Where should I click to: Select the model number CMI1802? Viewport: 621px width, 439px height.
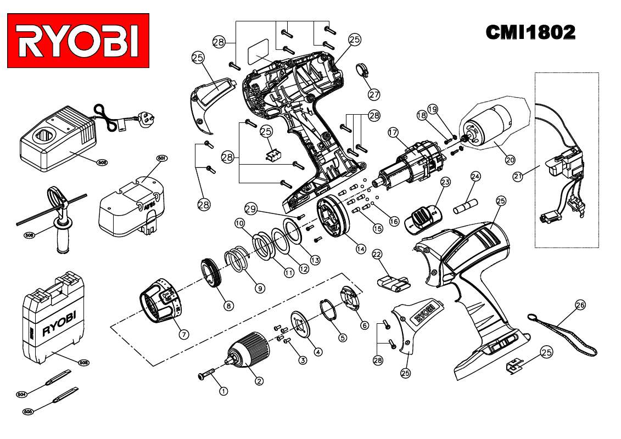tap(530, 33)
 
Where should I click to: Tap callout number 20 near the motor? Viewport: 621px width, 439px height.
tap(510, 160)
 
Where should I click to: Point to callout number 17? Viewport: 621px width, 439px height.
tap(393, 132)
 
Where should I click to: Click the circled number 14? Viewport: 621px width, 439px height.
tap(360, 249)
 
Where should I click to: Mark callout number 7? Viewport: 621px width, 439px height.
tap(184, 334)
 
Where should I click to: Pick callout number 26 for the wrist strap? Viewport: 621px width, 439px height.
tap(581, 305)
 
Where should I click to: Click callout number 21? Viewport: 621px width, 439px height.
tap(517, 176)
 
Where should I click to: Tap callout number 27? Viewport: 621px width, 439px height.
tap(374, 94)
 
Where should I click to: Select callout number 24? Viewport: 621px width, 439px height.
tap(475, 176)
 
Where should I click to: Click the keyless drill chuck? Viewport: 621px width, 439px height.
tap(250, 350)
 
